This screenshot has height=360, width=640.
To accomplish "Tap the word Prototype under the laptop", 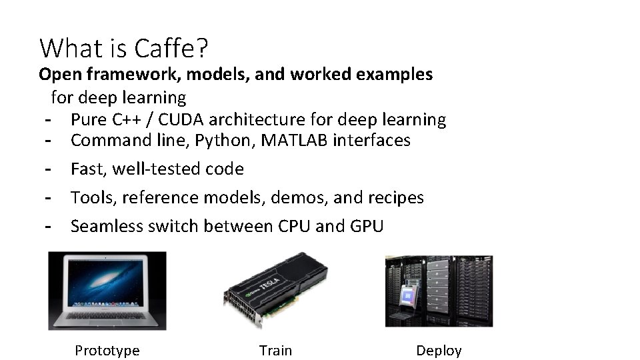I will click(x=107, y=351).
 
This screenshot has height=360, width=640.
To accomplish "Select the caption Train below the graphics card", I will click(x=275, y=351).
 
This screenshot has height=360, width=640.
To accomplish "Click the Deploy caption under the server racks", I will click(x=439, y=351).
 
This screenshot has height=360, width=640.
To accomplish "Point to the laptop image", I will click(x=107, y=290).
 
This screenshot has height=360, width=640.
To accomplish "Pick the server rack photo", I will click(x=439, y=291).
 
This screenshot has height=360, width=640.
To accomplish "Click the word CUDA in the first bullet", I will click(x=179, y=120).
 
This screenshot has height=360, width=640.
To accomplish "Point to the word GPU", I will click(x=366, y=226).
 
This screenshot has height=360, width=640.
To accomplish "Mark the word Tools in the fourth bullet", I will click(x=90, y=198).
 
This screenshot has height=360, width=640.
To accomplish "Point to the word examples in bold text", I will click(x=395, y=74).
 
